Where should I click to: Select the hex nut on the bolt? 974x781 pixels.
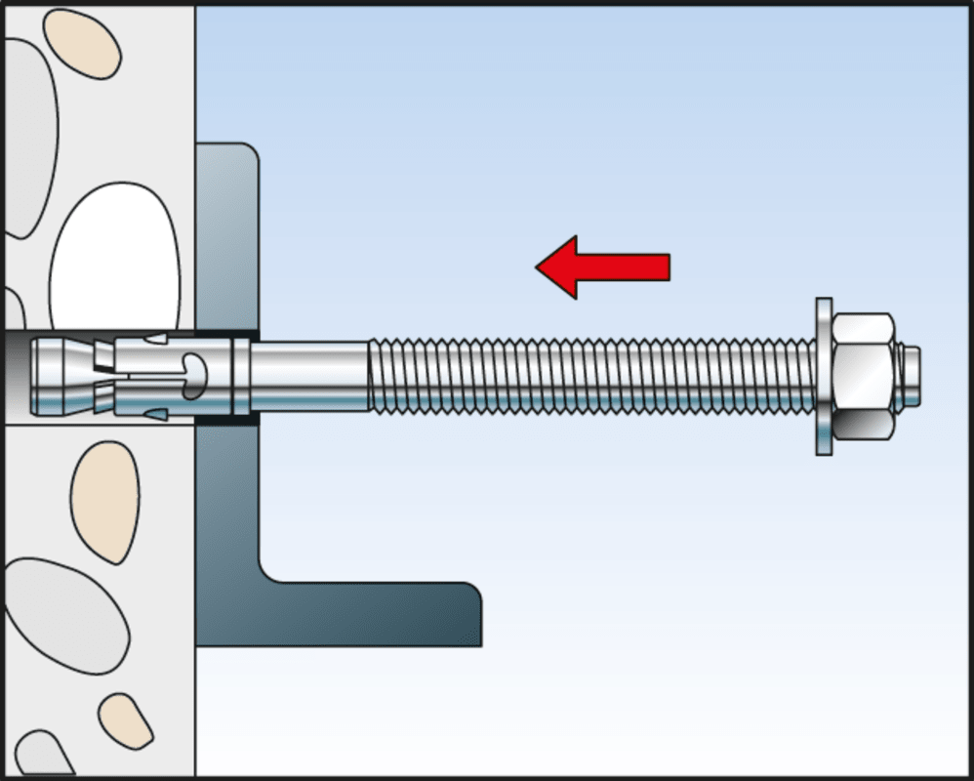coord(864,375)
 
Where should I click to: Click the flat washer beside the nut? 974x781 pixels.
coord(824,376)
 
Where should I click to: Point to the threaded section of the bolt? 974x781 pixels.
coord(586,375)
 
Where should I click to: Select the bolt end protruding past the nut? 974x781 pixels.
coord(910,375)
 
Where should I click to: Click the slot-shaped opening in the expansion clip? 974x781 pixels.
coord(195,370)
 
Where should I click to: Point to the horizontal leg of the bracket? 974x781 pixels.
coord(390,615)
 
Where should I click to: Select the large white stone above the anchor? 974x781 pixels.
coord(114,259)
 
